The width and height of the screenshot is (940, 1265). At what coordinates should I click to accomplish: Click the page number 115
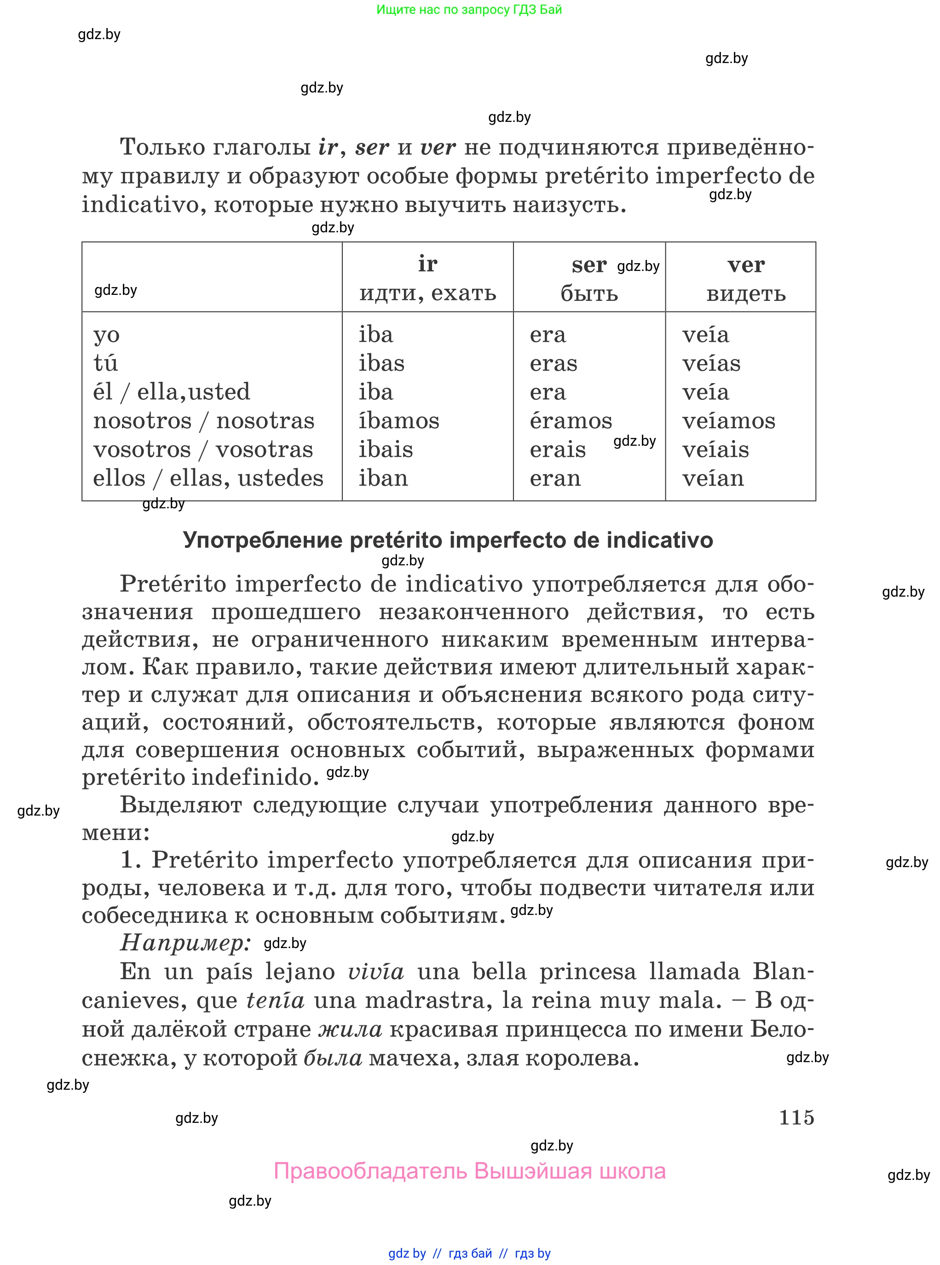796,1117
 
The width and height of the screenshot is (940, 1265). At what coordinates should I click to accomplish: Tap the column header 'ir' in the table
427,264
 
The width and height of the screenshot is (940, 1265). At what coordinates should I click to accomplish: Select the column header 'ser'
588,265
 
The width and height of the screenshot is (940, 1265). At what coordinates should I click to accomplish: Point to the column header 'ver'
745,264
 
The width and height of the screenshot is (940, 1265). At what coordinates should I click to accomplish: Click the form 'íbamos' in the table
399,420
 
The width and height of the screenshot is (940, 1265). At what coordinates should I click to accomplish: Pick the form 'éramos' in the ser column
571,420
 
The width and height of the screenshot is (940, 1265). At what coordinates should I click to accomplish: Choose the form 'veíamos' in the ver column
728,420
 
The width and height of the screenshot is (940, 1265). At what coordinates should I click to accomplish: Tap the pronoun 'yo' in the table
106,335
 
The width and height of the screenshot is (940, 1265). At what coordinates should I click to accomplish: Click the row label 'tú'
105,363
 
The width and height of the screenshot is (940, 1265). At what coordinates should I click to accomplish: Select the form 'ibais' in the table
385,449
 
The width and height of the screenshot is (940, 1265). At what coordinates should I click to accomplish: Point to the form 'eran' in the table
555,478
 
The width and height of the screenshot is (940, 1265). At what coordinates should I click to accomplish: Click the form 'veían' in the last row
713,478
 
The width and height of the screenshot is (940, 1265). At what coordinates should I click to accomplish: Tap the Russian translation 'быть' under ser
589,293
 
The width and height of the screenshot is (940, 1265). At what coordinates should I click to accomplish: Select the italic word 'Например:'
185,943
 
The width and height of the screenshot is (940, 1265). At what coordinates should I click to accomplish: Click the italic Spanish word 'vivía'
375,972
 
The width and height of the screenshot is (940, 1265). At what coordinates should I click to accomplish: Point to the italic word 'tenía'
276,1000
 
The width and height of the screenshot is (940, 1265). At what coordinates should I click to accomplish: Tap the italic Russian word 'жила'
350,1029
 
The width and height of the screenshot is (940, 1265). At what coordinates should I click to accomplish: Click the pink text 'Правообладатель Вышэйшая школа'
469,1171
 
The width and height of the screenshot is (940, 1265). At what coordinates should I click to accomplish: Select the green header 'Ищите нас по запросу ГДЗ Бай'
469,10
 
